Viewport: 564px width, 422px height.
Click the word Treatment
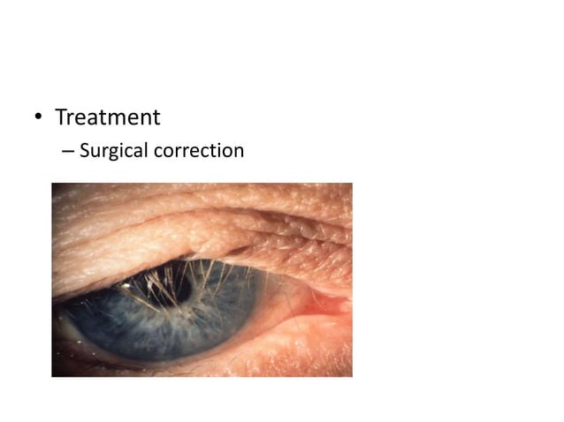point(108,117)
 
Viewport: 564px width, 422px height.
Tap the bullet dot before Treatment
point(37,117)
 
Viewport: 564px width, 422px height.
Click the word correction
point(199,151)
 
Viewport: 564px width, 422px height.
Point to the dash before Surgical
point(68,152)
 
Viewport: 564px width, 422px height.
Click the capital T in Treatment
point(61,117)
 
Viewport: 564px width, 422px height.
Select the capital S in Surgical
point(85,151)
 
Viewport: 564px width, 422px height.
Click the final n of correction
point(239,152)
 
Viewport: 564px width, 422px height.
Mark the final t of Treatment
point(156,117)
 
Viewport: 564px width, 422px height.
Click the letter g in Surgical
point(116,153)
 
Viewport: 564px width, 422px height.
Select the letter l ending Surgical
point(146,150)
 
